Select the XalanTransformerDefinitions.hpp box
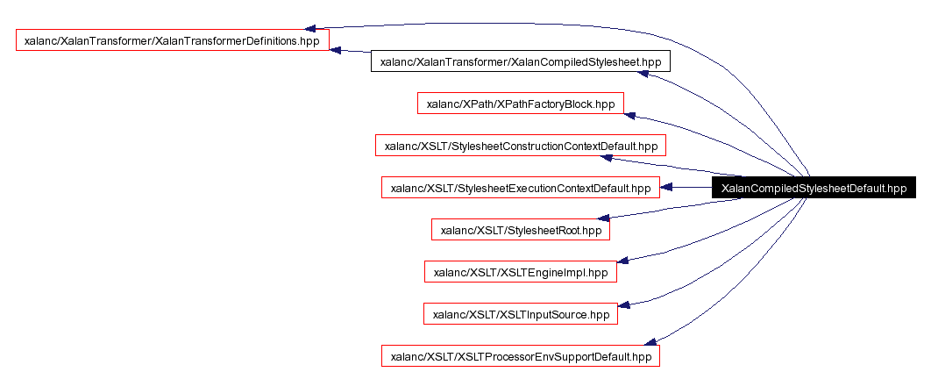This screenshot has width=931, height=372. [x=172, y=40]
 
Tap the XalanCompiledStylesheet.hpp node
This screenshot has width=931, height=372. [x=521, y=61]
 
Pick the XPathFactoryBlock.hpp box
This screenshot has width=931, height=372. [x=521, y=104]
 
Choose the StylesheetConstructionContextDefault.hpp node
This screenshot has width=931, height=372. [x=521, y=146]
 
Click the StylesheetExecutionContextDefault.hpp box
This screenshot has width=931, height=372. [x=521, y=188]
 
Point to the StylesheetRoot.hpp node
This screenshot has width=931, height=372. [x=521, y=230]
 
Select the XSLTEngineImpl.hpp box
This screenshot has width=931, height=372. [x=521, y=272]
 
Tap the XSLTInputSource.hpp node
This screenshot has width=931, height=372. [x=521, y=314]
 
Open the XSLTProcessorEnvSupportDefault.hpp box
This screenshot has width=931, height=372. [x=521, y=356]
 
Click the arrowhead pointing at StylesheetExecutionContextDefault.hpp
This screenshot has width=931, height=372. [x=666, y=188]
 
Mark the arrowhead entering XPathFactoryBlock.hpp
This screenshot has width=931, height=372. [x=629, y=115]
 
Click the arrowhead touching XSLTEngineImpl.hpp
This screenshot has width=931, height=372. [x=623, y=261]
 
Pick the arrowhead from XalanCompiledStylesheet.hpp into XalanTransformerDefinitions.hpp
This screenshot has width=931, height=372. [x=337, y=49]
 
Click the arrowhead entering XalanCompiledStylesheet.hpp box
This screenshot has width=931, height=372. [x=643, y=74]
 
